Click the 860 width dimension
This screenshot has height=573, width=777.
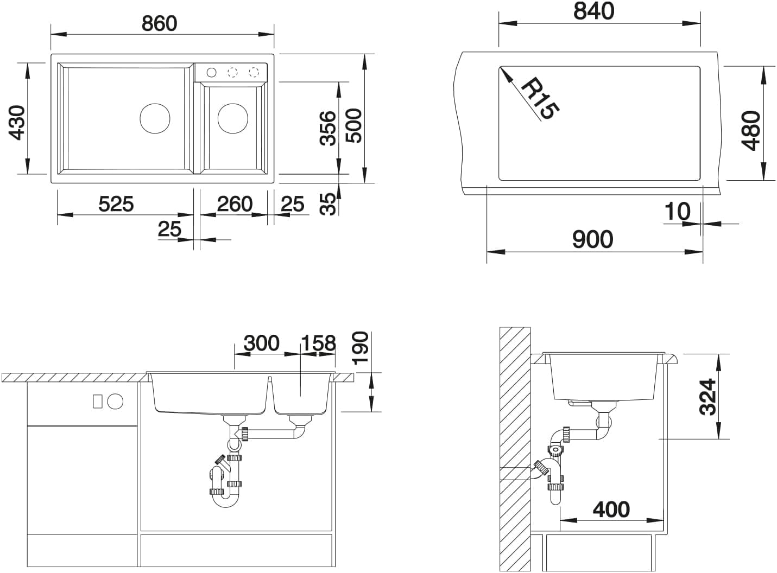[x=160, y=23]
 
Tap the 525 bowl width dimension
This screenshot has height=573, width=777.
[x=116, y=204]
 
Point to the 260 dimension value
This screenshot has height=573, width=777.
[x=235, y=204]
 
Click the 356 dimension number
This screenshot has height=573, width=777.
[x=329, y=128]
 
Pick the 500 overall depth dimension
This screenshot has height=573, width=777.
[x=353, y=125]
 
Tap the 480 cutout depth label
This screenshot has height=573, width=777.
[x=751, y=130]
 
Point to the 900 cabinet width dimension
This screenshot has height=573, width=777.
[x=593, y=239]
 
